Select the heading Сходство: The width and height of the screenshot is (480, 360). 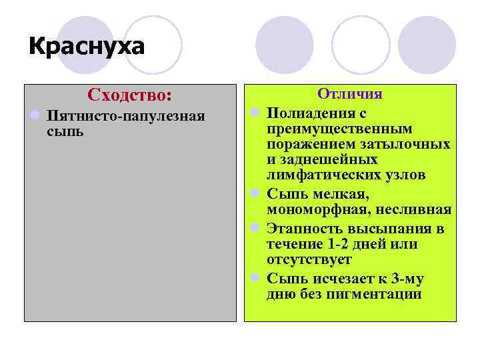[130, 95]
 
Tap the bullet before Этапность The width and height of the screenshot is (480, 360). [254, 228]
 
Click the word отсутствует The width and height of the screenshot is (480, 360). [309, 260]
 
